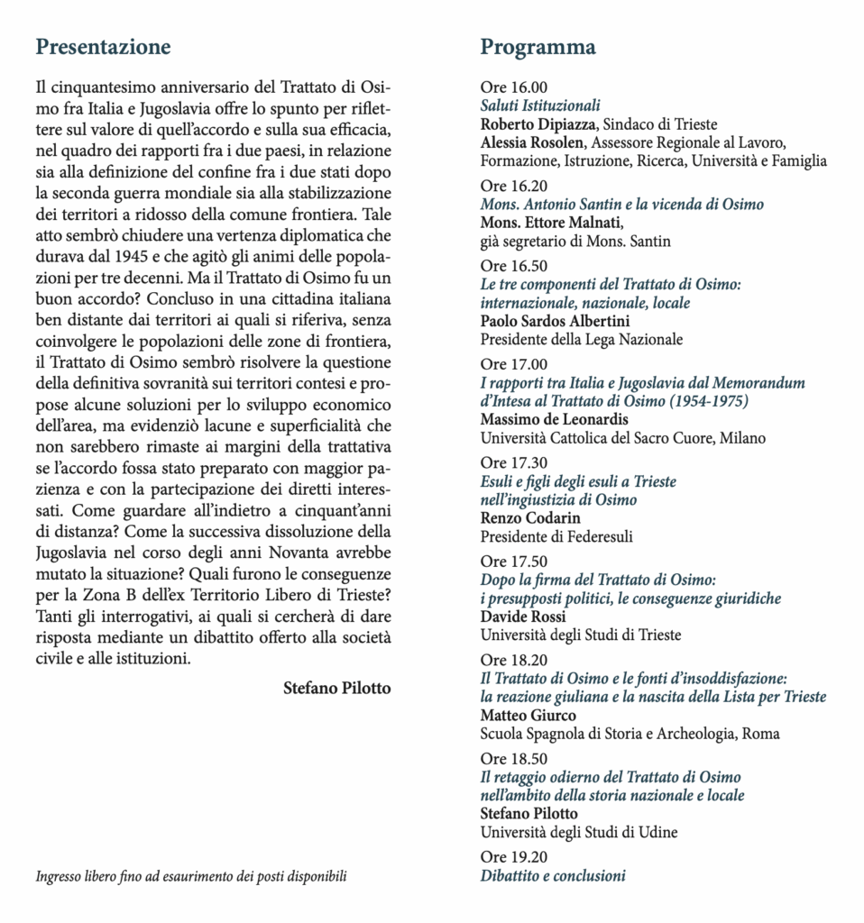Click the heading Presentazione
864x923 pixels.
tap(103, 47)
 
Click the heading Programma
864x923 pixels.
tap(538, 47)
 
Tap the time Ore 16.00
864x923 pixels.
tap(513, 88)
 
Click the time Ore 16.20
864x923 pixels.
tap(513, 187)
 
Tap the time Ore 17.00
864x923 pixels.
tap(513, 364)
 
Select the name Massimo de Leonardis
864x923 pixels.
tap(555, 420)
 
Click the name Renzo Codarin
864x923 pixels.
tap(530, 518)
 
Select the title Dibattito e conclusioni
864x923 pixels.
tap(553, 875)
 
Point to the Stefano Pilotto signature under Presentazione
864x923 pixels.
tap(337, 688)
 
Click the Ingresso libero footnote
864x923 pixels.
tap(190, 875)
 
